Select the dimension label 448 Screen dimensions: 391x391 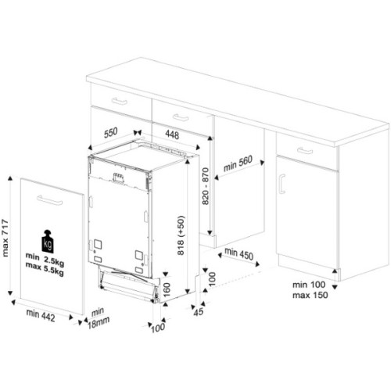(170, 134)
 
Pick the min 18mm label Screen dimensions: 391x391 (97, 316)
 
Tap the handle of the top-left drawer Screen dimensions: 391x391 (119, 102)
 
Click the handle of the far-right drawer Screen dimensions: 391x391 (305, 150)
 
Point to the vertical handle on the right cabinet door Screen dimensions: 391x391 (282, 185)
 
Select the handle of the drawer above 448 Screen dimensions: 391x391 (180, 117)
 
